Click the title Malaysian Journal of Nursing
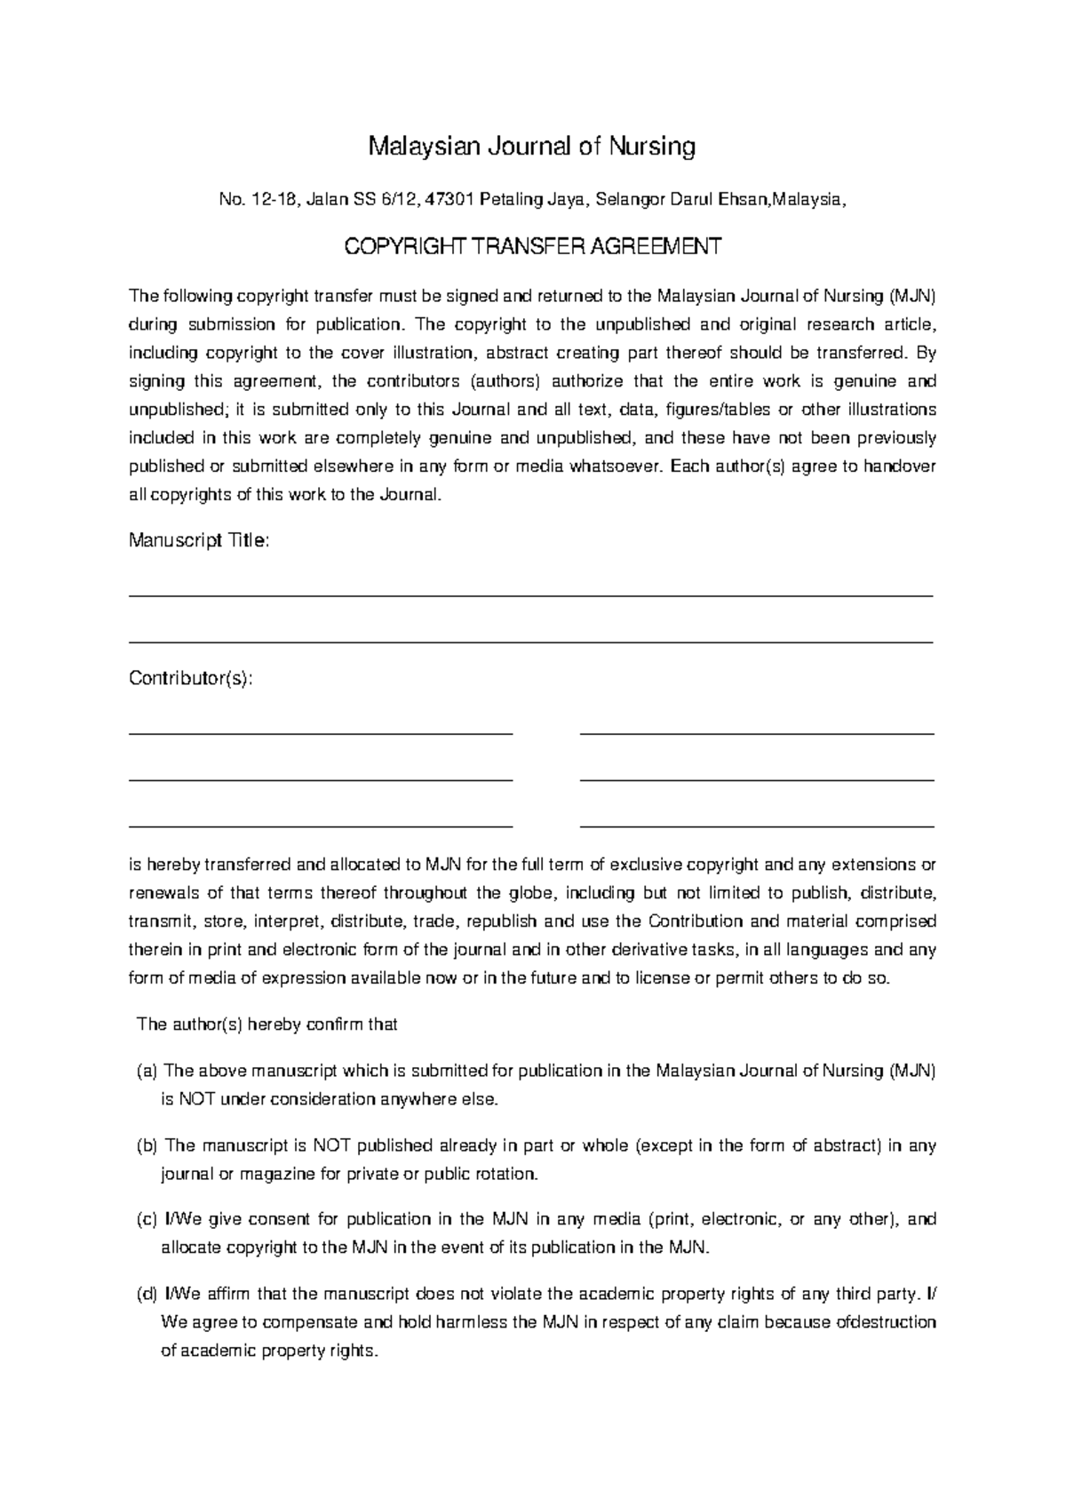[532, 147]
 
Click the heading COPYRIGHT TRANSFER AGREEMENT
[532, 247]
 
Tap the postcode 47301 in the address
[450, 201]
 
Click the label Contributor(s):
[191, 679]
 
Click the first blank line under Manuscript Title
[531, 596]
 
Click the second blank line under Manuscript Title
[531, 642]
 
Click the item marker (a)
[147, 1072]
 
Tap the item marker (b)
[147, 1146]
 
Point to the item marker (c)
[147, 1220]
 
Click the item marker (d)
[147, 1294]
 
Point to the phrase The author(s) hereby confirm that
[266, 1025]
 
